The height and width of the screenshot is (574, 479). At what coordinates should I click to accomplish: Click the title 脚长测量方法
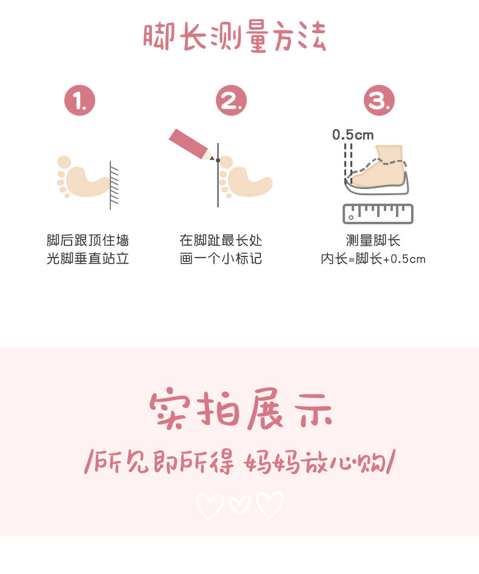pyautogui.click(x=235, y=37)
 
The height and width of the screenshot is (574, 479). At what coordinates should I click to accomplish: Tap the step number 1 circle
pyautogui.click(x=80, y=101)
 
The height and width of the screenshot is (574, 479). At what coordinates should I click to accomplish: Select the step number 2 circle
pyautogui.click(x=232, y=101)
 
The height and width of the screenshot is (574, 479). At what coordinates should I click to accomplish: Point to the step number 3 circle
pyautogui.click(x=379, y=101)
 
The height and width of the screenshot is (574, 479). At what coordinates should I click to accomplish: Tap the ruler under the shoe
pyautogui.click(x=378, y=213)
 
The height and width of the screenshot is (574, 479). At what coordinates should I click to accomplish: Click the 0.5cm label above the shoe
pyautogui.click(x=353, y=135)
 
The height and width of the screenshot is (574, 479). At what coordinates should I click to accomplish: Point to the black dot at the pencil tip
pyautogui.click(x=218, y=160)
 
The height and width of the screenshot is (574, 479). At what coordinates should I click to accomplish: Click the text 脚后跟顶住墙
pyautogui.click(x=88, y=240)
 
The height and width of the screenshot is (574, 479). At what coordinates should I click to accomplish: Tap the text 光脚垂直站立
pyautogui.click(x=88, y=259)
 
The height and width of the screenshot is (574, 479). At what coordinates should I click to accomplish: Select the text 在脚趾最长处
pyautogui.click(x=221, y=240)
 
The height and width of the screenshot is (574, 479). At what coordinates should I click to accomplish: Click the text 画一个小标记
pyautogui.click(x=221, y=259)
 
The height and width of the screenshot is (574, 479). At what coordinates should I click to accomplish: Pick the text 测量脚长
pyautogui.click(x=373, y=240)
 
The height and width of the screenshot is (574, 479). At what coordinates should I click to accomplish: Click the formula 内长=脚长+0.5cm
pyautogui.click(x=373, y=259)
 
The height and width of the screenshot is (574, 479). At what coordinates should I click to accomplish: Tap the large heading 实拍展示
pyautogui.click(x=241, y=410)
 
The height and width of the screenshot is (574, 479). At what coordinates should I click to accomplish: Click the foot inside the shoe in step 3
pyautogui.click(x=379, y=170)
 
